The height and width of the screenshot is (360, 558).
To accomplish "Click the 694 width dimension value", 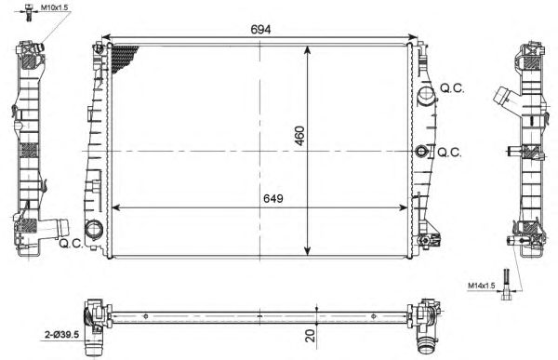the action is point(260,29).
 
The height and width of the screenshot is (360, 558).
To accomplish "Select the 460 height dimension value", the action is point(299,136).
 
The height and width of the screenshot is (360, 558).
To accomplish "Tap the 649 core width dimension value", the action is point(273,198).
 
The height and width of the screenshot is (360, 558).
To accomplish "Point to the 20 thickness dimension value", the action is point(311,336).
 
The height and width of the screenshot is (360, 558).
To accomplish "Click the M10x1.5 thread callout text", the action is point(53,7).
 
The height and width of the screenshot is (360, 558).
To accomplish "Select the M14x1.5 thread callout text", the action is point(481,286).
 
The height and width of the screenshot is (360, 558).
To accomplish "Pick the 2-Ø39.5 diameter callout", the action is point(61,334).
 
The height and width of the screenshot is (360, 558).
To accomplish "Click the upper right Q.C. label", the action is point(452,88).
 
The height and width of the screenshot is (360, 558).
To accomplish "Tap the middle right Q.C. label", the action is point(449,153).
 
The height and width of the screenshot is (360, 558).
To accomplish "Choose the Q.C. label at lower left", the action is point(71,244).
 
